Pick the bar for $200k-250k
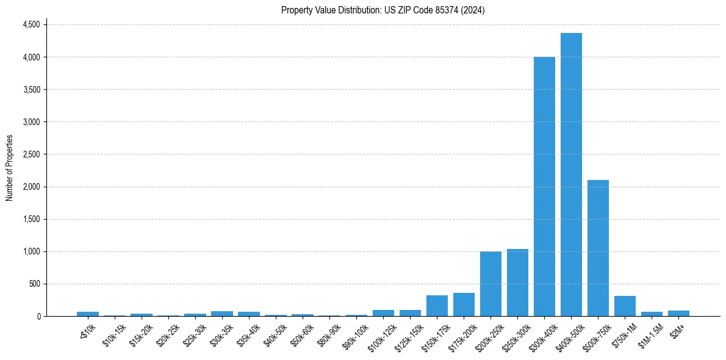click(491, 284)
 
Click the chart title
click(383, 10)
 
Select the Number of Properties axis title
click(10, 168)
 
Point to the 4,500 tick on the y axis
click(31, 24)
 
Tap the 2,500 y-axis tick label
click(31, 154)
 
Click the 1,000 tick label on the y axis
click(31, 251)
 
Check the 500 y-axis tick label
click(34, 284)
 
